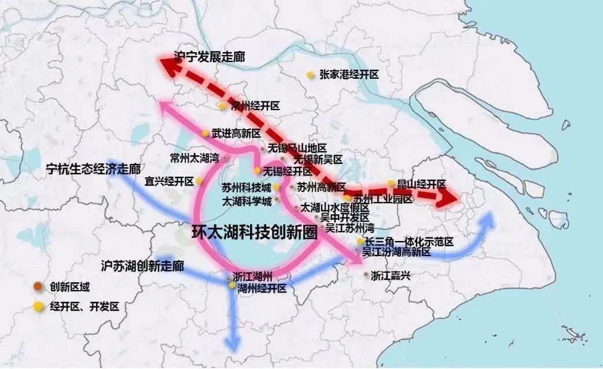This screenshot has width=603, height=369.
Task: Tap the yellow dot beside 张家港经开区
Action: pyautogui.click(x=311, y=75)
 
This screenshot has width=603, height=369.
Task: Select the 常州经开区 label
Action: pyautogui.click(x=255, y=106)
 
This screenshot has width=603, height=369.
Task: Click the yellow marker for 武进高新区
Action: pyautogui.click(x=205, y=133)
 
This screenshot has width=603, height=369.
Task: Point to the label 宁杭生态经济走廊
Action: pyautogui.click(x=93, y=170)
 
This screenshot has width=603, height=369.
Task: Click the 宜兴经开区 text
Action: pyautogui.click(x=170, y=181)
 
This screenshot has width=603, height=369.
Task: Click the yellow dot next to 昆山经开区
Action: pyautogui.click(x=391, y=184)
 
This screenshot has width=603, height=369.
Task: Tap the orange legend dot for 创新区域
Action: pyautogui.click(x=38, y=287)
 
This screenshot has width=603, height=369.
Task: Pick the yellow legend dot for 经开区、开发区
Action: pyautogui.click(x=38, y=307)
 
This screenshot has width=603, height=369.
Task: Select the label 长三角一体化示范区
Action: pyautogui.click(x=409, y=241)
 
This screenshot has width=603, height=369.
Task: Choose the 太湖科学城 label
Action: pyautogui.click(x=247, y=201)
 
